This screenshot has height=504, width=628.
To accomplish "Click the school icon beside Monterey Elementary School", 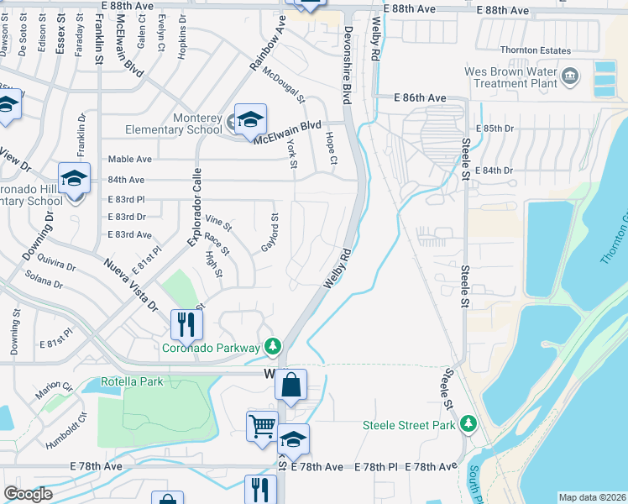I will click(x=250, y=120).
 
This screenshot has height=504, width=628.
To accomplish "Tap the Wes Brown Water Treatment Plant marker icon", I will click(x=571, y=78).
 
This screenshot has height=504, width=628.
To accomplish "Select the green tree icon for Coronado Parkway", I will click(x=272, y=346).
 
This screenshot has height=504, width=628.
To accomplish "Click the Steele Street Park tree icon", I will click(x=468, y=424).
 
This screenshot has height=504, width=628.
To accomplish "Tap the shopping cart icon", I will click(x=262, y=427).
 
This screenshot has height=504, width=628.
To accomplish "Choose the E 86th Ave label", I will click(x=421, y=98).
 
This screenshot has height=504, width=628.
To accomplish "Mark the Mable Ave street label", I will click(x=129, y=159).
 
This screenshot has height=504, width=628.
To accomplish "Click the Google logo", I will click(x=28, y=494).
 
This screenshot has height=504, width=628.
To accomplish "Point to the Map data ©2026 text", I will click(x=591, y=497).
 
